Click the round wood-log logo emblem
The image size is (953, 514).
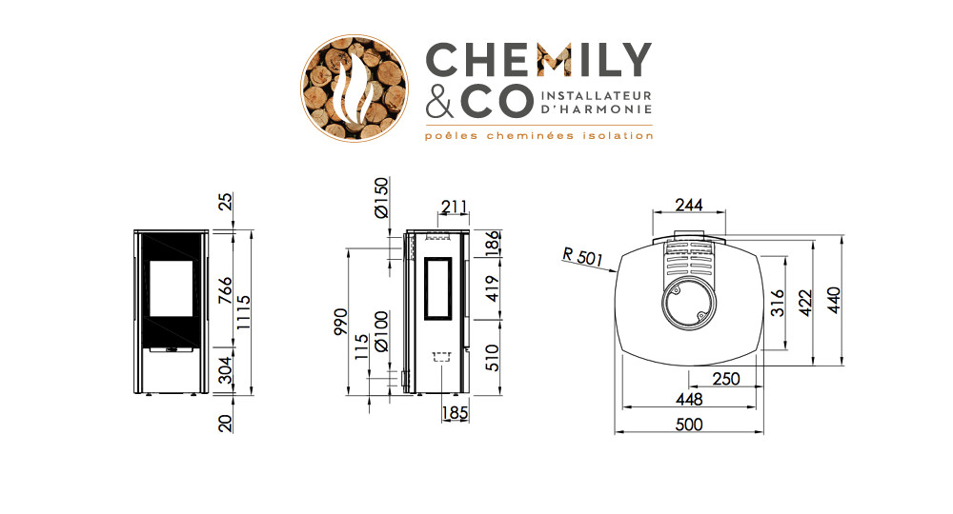click(x=355, y=88)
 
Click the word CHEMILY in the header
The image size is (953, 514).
click(x=538, y=59)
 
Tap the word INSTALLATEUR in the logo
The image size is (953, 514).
click(x=596, y=96)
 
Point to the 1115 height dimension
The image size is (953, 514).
click(x=243, y=312)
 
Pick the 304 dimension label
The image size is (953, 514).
click(x=226, y=370)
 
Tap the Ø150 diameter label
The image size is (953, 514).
click(x=381, y=197)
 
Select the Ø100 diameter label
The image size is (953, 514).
click(x=381, y=331)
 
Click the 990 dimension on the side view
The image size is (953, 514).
click(x=341, y=322)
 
